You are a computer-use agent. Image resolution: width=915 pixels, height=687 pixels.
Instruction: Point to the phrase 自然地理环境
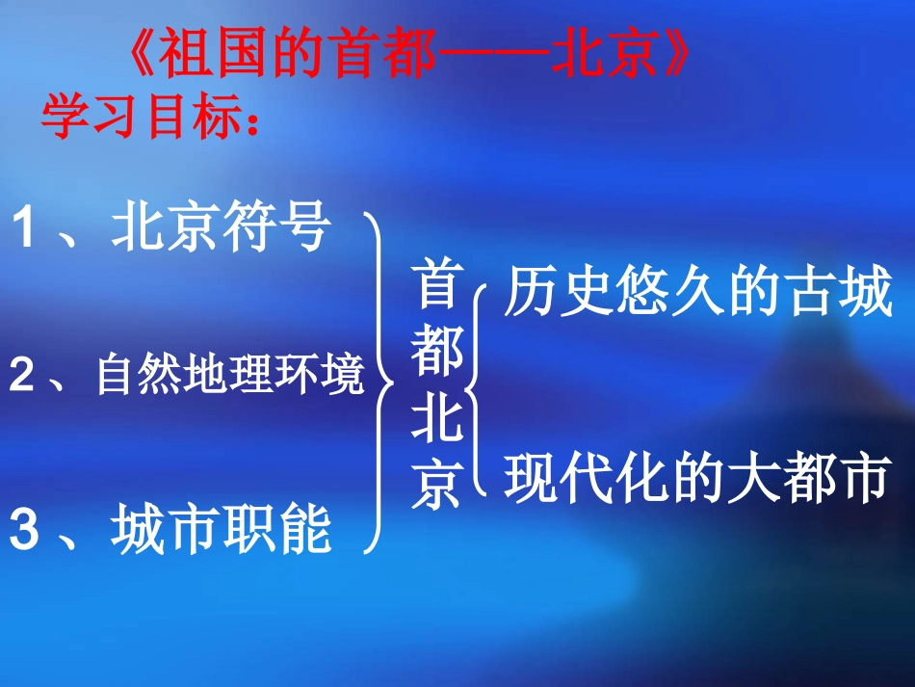coord(231,375)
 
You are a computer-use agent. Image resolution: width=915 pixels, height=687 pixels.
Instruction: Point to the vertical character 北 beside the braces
coord(437,421)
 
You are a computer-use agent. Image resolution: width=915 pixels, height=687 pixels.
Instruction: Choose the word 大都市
coord(809,477)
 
